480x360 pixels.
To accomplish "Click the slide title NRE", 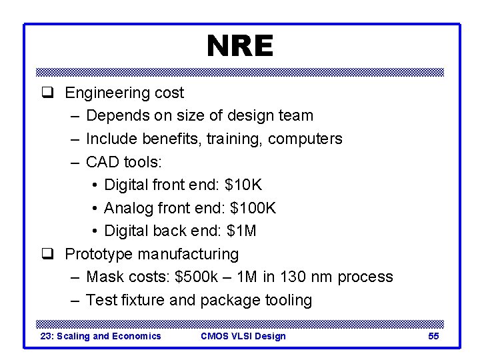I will [x=239, y=47].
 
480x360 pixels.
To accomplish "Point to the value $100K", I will [x=253, y=208].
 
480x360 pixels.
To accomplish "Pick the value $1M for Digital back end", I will [x=241, y=231].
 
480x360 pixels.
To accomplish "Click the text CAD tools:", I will [x=124, y=162].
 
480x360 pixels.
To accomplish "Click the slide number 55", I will [x=433, y=336].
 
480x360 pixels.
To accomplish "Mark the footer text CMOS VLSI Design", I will [x=243, y=336].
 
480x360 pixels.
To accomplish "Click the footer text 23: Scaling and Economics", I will [x=101, y=336].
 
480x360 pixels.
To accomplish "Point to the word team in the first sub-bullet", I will [x=295, y=116].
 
